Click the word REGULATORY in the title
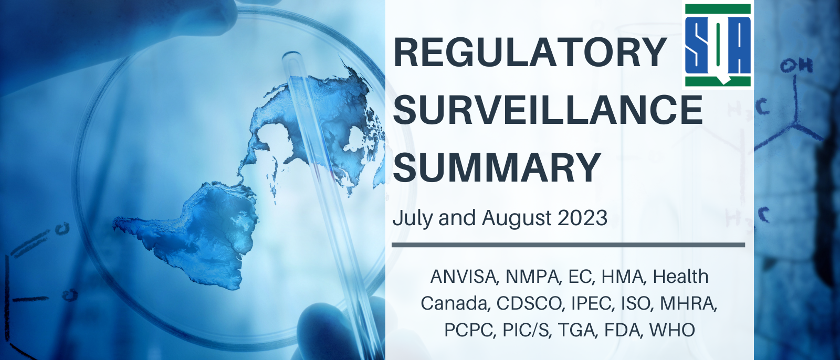(530, 52)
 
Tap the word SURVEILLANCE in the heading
(548, 110)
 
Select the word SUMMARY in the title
(497, 167)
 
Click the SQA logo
(718, 45)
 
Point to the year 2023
(582, 218)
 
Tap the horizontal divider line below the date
(569, 245)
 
